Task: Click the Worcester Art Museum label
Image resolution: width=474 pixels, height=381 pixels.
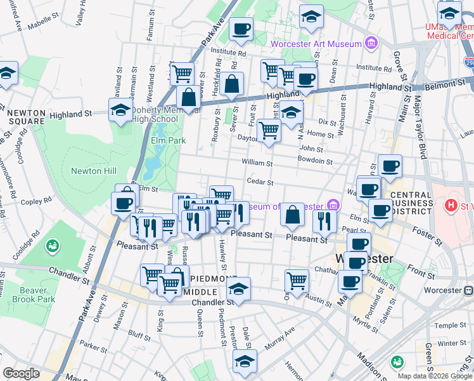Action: click(x=315, y=44)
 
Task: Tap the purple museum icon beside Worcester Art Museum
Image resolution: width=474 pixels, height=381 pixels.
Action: click(x=371, y=44)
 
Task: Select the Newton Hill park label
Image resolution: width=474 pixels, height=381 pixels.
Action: click(x=93, y=171)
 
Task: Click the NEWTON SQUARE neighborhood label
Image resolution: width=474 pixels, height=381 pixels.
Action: click(x=27, y=117)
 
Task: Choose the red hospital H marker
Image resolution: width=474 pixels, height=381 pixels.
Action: click(x=451, y=206)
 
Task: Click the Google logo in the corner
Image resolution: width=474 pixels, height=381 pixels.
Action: click(x=21, y=373)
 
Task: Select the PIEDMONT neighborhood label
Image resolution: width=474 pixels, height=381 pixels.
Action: click(x=209, y=279)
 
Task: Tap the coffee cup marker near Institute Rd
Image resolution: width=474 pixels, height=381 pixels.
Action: click(x=240, y=29)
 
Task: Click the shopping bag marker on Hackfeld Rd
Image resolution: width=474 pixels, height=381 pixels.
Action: click(x=233, y=84)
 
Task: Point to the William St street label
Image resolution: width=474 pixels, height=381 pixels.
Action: click(x=257, y=163)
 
